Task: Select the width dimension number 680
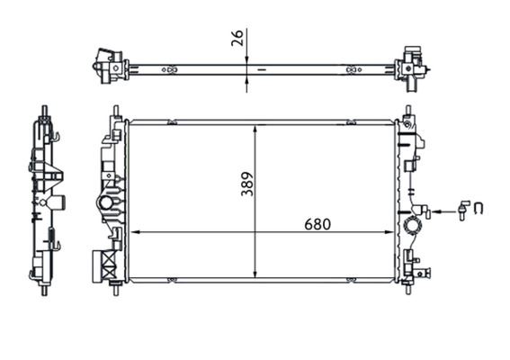coord(317,223)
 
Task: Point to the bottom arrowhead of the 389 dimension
coord(258,274)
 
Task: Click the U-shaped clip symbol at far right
coord(479,211)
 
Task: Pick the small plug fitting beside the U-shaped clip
coord(462,211)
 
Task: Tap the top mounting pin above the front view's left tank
coord(115,112)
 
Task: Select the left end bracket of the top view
coord(110,64)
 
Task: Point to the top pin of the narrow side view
coord(42,112)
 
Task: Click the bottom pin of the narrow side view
coord(42,291)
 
